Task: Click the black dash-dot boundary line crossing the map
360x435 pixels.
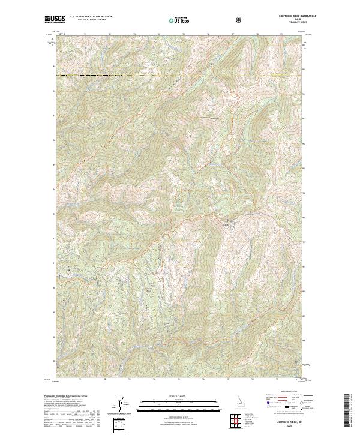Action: [x=180, y=75]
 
